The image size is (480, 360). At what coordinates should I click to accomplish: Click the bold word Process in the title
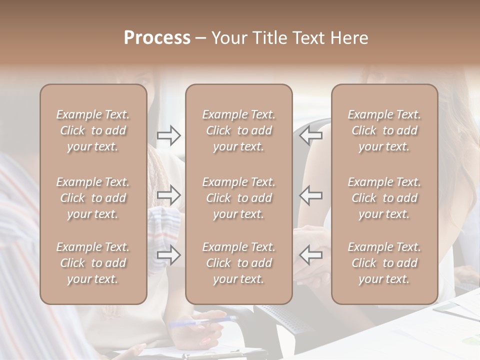click(x=157, y=38)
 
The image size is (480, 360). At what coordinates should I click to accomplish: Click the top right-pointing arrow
click(x=169, y=135)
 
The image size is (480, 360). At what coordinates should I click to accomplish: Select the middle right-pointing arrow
click(x=169, y=195)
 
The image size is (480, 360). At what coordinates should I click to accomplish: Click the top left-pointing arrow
click(x=311, y=135)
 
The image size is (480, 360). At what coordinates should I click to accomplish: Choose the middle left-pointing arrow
click(x=311, y=195)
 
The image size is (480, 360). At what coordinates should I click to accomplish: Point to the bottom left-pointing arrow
click(x=311, y=254)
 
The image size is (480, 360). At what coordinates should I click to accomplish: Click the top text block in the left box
click(x=93, y=130)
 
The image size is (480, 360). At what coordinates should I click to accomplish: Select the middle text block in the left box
click(x=93, y=198)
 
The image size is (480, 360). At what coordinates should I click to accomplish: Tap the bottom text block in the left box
click(x=93, y=263)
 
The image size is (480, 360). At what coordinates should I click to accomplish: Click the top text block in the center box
click(x=239, y=130)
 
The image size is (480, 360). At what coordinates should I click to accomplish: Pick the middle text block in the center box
click(x=239, y=198)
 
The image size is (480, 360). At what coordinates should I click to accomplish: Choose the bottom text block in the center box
click(x=239, y=263)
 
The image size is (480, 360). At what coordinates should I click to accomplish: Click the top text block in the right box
click(x=384, y=130)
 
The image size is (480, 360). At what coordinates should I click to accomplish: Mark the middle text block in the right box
click(x=384, y=198)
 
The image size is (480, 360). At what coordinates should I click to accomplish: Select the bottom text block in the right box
click(x=384, y=263)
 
